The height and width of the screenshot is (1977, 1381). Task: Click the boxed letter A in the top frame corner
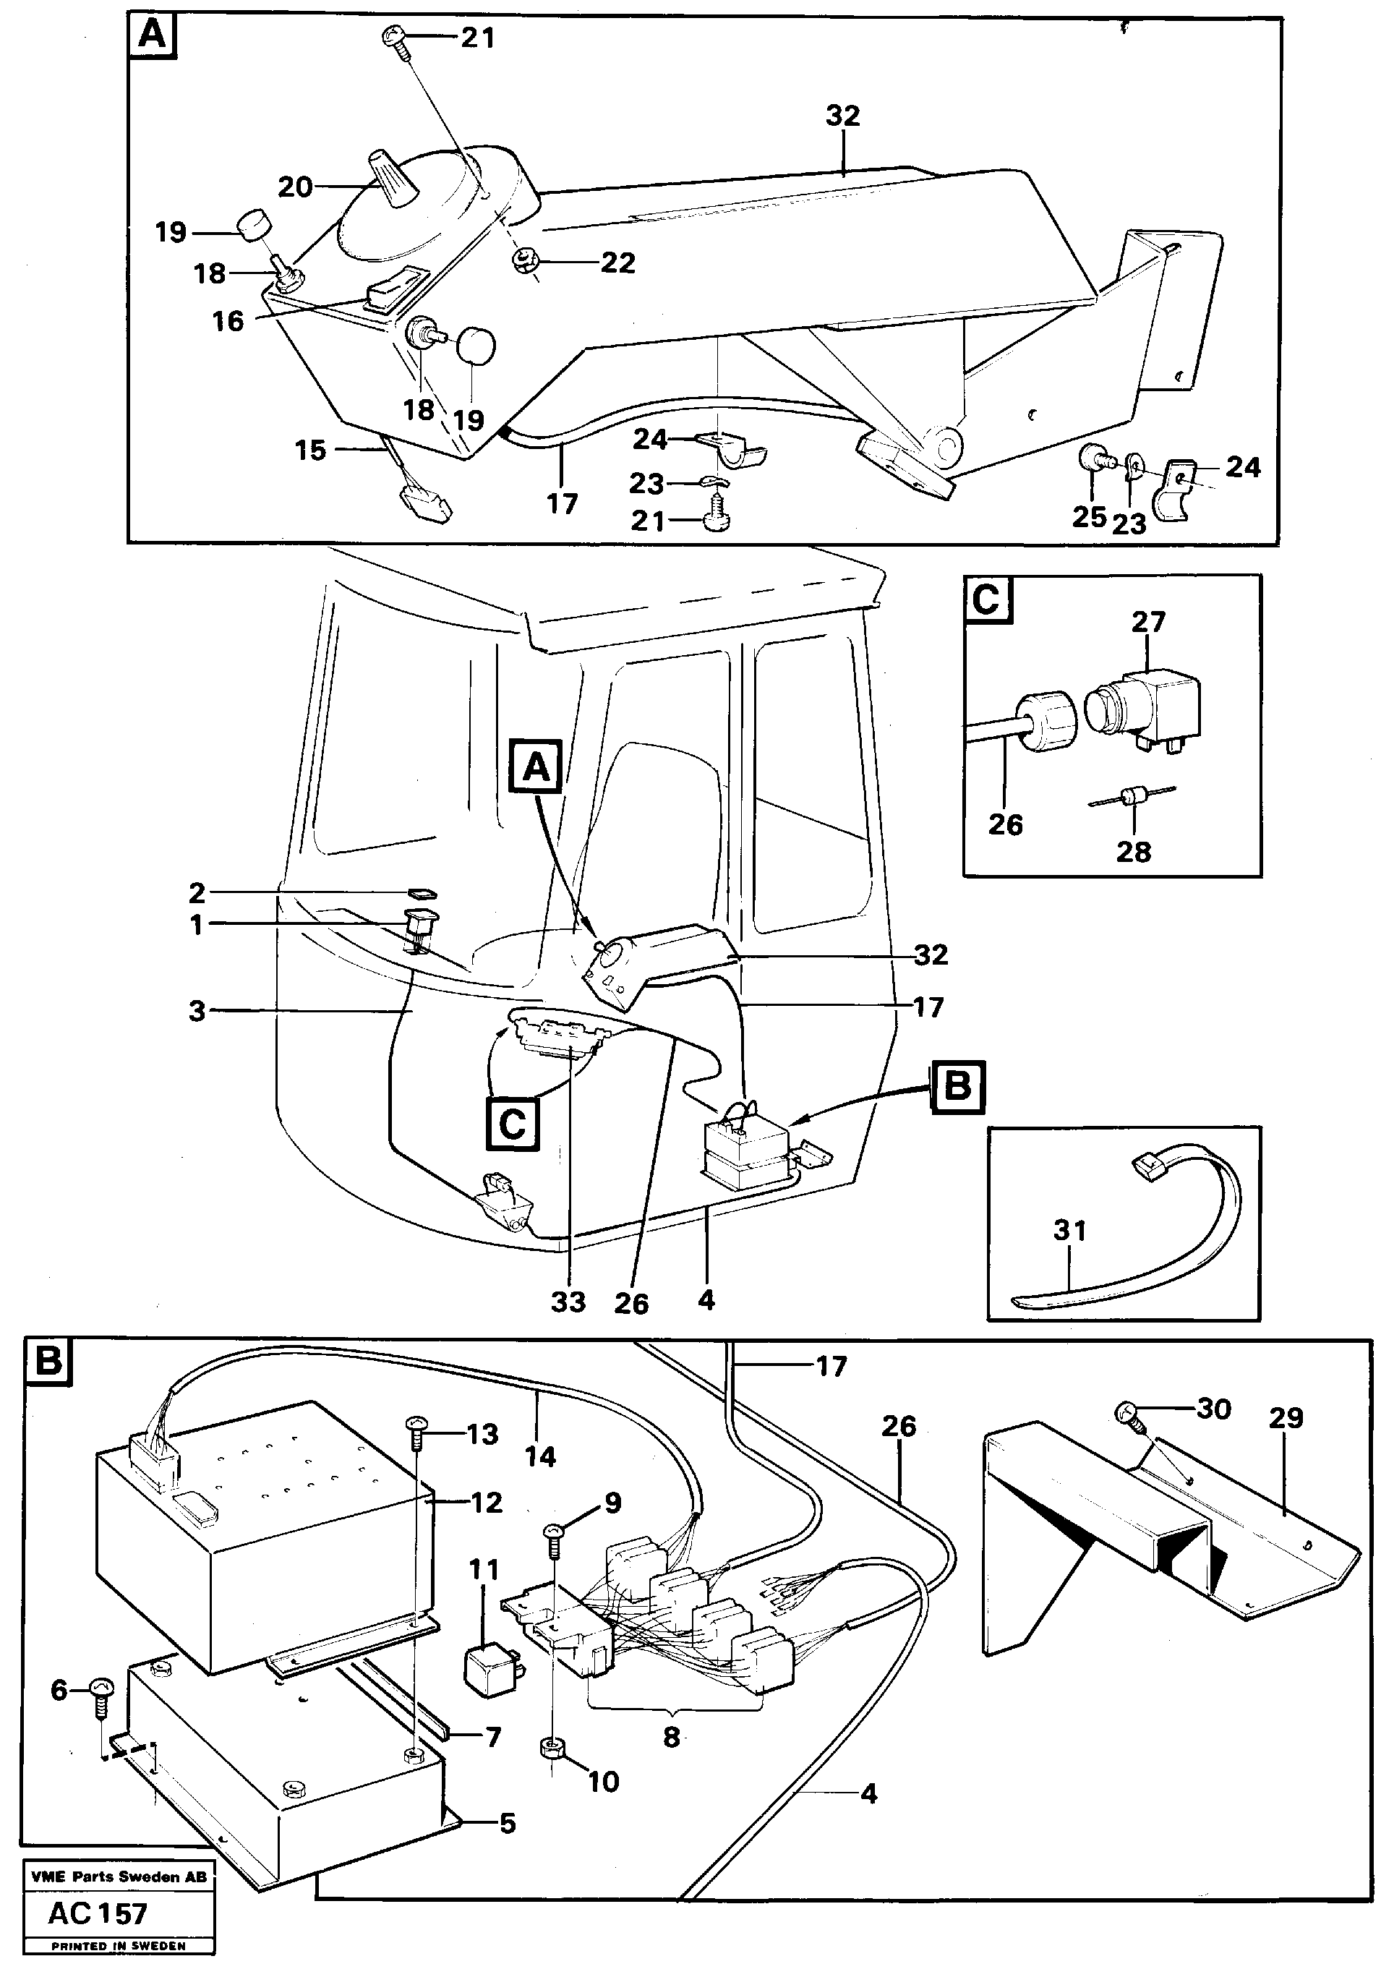tap(153, 37)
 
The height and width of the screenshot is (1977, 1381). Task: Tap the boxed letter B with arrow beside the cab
tap(957, 1088)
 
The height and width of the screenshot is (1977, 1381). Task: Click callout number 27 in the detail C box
tap(1147, 623)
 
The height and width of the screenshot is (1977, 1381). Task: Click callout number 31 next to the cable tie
tap(1069, 1231)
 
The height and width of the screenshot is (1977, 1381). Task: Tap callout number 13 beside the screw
tap(482, 1434)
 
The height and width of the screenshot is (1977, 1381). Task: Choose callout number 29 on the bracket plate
tap(1286, 1418)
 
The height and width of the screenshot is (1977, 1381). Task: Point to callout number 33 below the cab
tap(568, 1302)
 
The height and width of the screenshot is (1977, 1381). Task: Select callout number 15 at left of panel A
tap(310, 451)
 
